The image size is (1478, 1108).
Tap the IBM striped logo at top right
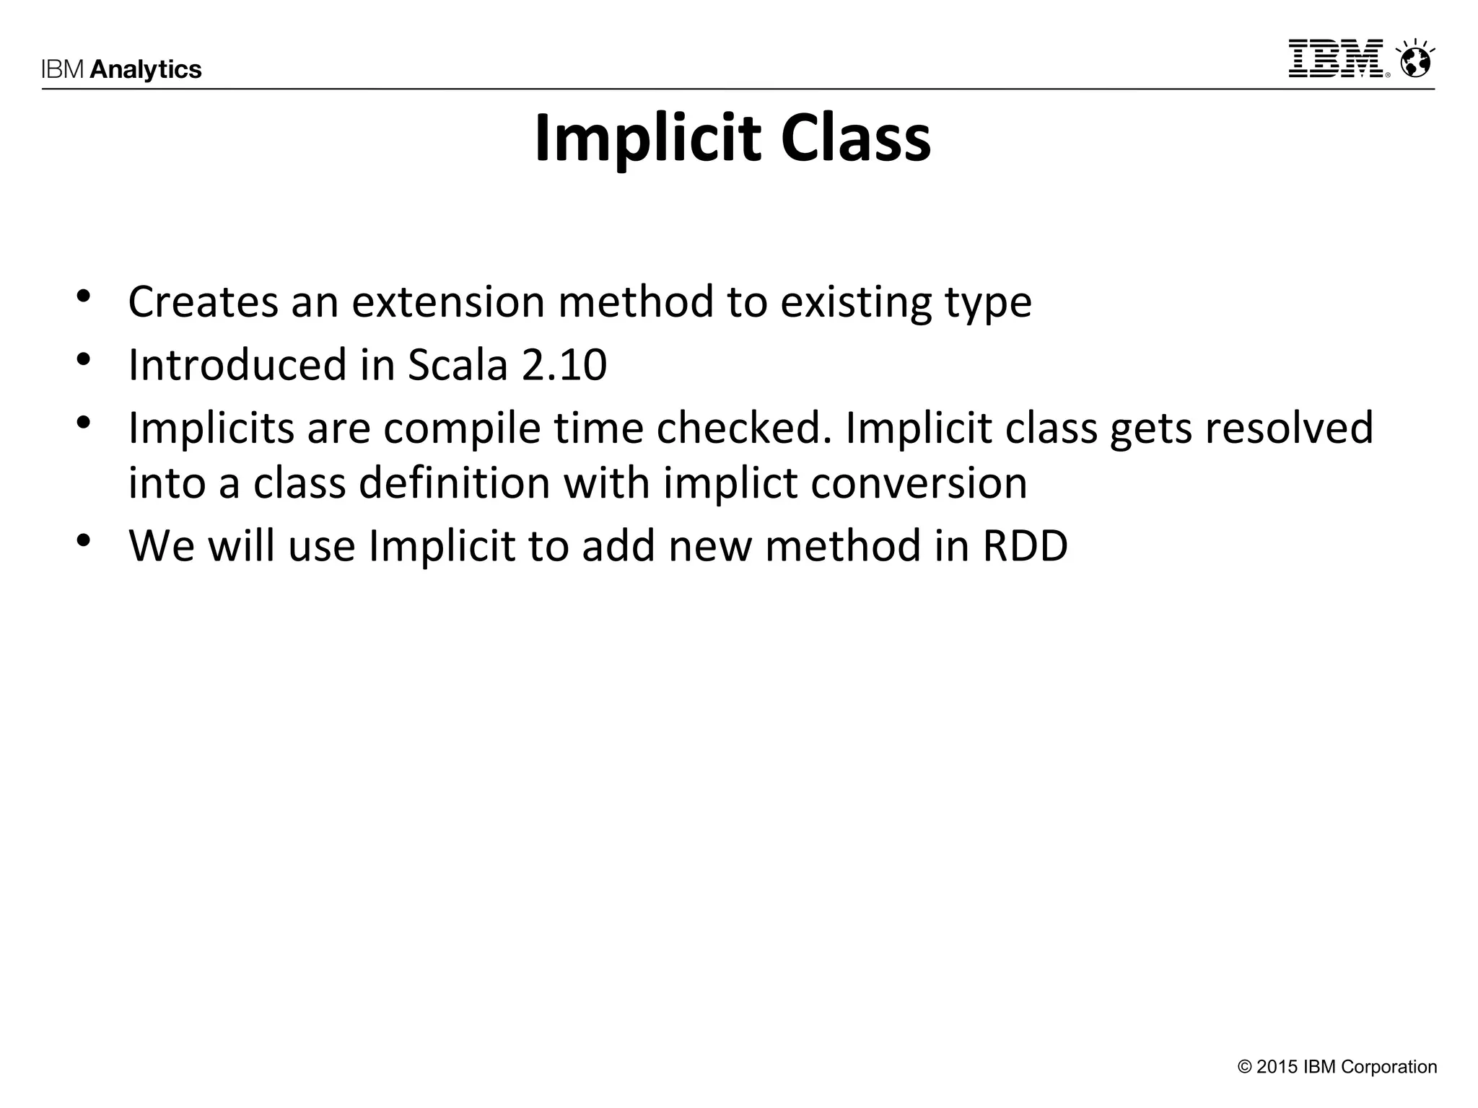[1337, 58]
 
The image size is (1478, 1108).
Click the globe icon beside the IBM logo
[1414, 61]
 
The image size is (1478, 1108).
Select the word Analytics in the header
[146, 69]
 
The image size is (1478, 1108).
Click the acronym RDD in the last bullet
[1025, 546]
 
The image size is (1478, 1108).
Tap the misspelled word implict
[730, 483]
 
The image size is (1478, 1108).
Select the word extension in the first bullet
[447, 302]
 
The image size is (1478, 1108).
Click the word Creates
[203, 302]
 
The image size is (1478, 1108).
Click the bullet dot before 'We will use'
[84, 540]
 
